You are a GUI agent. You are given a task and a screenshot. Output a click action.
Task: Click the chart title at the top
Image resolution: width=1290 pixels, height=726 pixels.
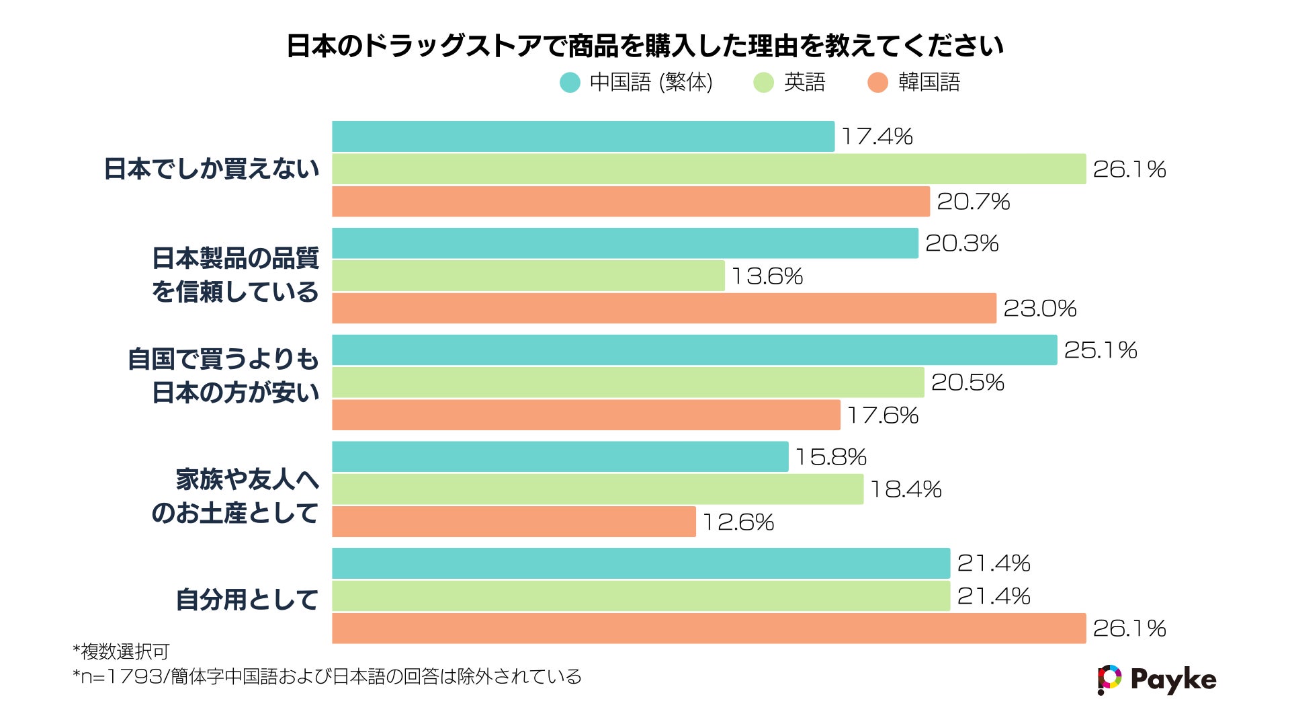click(x=645, y=46)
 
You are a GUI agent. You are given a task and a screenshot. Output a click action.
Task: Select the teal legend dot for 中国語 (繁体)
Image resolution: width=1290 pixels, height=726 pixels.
click(x=570, y=83)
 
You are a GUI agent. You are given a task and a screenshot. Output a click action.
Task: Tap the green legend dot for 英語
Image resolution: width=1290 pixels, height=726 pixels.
click(x=764, y=83)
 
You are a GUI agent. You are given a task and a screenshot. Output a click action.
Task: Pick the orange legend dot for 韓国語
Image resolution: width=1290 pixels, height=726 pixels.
click(x=877, y=83)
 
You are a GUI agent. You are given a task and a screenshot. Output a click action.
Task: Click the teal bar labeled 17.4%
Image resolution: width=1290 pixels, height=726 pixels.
click(x=583, y=136)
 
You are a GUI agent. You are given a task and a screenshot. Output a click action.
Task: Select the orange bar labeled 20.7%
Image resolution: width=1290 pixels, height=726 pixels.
click(x=631, y=202)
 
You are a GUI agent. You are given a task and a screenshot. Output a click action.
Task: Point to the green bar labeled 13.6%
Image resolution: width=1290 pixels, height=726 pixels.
click(x=528, y=276)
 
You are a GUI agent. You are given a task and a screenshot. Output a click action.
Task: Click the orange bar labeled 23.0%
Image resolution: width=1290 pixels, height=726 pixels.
click(x=664, y=309)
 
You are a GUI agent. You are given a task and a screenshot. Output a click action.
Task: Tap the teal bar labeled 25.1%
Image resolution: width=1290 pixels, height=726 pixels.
click(x=694, y=350)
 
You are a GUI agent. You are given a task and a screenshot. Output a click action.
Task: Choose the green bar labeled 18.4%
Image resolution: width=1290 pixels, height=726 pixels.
click(x=597, y=489)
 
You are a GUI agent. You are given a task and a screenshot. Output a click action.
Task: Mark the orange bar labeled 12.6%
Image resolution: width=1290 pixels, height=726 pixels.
click(x=514, y=522)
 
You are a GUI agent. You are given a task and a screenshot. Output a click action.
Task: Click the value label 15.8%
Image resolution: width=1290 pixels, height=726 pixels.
click(x=831, y=457)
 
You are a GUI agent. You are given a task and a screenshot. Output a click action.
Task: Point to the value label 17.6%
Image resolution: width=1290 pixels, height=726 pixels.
click(x=883, y=415)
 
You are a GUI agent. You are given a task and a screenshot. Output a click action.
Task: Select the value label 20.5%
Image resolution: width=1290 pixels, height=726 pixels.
click(x=967, y=382)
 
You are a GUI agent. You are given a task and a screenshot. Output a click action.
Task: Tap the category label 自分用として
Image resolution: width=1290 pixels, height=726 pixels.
click(x=247, y=600)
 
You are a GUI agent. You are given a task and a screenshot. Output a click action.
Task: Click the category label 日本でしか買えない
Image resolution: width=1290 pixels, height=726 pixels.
click(x=212, y=169)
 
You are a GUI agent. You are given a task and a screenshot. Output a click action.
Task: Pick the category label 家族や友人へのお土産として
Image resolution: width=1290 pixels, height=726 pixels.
click(x=235, y=496)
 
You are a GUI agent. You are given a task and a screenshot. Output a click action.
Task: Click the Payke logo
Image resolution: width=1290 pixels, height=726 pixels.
click(x=1156, y=680)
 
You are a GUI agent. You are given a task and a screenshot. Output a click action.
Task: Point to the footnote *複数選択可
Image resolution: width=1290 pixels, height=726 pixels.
click(x=121, y=651)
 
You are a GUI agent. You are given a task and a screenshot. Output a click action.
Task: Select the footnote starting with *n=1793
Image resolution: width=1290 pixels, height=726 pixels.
click(x=327, y=676)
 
